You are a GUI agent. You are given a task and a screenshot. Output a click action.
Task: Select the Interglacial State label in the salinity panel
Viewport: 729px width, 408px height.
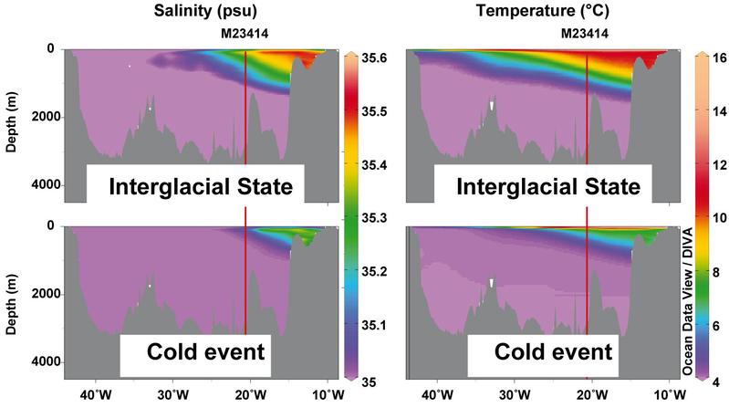click(201, 187)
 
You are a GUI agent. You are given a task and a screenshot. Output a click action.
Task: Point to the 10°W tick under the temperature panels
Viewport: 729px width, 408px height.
click(665, 395)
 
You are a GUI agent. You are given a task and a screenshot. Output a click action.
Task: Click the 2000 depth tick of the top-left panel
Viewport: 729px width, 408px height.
click(41, 117)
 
